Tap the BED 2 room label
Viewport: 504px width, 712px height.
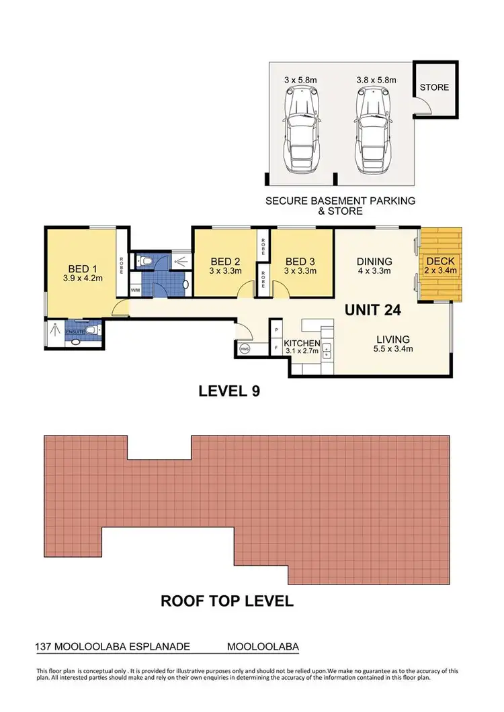coord(225,262)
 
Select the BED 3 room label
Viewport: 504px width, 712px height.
coord(300,262)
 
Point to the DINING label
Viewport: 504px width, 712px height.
coord(374,262)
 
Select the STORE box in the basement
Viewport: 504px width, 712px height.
coord(434,87)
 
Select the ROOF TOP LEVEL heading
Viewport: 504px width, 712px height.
coord(227,601)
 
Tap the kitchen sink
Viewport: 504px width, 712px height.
coord(327,349)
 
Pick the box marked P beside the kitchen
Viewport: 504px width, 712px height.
coord(276,329)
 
